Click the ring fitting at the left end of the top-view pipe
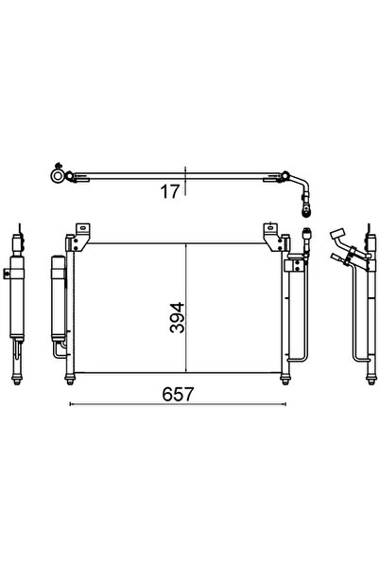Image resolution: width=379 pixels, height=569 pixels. click(x=59, y=174)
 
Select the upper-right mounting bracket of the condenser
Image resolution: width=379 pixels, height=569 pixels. click(x=270, y=230)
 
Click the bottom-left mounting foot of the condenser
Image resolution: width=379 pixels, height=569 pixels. click(x=72, y=381)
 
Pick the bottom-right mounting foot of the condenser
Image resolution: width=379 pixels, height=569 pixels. click(x=287, y=381)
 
